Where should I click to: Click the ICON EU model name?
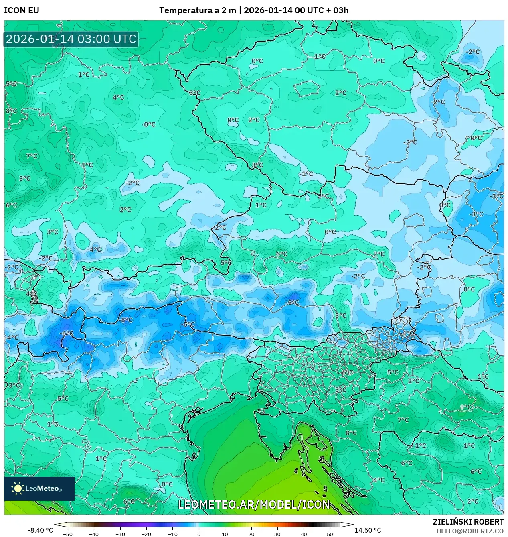22,10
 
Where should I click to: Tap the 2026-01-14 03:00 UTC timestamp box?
71,39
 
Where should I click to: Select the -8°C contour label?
126,320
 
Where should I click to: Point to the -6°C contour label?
67,333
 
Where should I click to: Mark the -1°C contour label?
306,174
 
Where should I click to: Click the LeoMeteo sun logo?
18,488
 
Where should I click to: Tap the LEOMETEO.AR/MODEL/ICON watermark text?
254,504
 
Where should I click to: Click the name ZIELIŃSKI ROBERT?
468,522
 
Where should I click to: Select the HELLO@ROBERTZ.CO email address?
470,531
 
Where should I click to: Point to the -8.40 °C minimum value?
40,530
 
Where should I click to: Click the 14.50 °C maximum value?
368,530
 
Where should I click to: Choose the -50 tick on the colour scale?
68,534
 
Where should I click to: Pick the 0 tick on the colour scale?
199,534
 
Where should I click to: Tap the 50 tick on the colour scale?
330,534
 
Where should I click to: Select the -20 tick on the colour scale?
146,534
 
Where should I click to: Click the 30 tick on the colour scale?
277,534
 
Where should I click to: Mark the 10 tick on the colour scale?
225,534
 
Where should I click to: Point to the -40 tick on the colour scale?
94,534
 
